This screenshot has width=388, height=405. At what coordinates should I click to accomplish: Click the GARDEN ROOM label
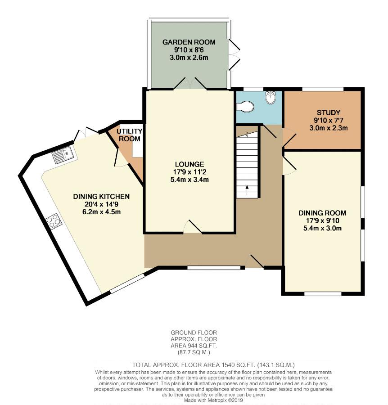(x=189, y=42)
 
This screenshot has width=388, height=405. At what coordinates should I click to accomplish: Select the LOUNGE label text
(x=189, y=164)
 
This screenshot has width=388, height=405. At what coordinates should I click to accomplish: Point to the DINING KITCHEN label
(x=101, y=197)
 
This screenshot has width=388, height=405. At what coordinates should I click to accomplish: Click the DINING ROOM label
(x=322, y=213)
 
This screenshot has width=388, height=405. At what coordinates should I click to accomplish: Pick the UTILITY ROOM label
(x=130, y=135)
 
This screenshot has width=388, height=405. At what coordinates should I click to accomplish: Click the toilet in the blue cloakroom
(x=245, y=106)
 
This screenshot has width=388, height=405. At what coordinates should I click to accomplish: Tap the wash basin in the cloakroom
(x=271, y=98)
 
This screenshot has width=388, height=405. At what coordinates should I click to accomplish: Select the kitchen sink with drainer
(x=63, y=154)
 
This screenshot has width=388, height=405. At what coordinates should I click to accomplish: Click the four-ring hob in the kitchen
(x=54, y=221)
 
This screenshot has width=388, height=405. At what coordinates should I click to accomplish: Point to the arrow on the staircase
(x=247, y=190)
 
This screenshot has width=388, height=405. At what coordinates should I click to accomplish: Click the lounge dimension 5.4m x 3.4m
(x=189, y=180)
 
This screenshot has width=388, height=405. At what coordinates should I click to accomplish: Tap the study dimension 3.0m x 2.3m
(x=328, y=128)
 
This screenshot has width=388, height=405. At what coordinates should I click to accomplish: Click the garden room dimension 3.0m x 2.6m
(x=189, y=58)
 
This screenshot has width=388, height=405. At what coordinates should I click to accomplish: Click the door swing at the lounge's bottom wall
(x=193, y=226)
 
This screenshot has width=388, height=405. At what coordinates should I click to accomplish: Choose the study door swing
(x=289, y=137)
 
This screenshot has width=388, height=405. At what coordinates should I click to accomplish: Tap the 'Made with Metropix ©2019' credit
(x=213, y=400)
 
